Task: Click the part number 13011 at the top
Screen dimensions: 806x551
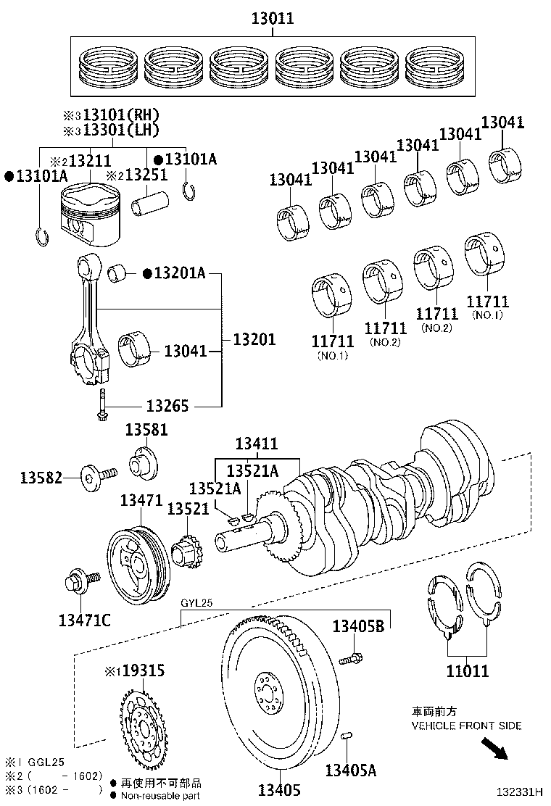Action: [273, 19]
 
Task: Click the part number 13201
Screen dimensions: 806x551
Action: [254, 338]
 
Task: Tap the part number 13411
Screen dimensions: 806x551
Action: [257, 444]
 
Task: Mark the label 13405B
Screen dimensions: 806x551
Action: [358, 626]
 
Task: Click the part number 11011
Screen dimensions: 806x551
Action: [467, 671]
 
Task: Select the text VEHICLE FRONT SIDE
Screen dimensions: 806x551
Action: [466, 726]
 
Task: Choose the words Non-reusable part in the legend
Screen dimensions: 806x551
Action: [161, 796]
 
